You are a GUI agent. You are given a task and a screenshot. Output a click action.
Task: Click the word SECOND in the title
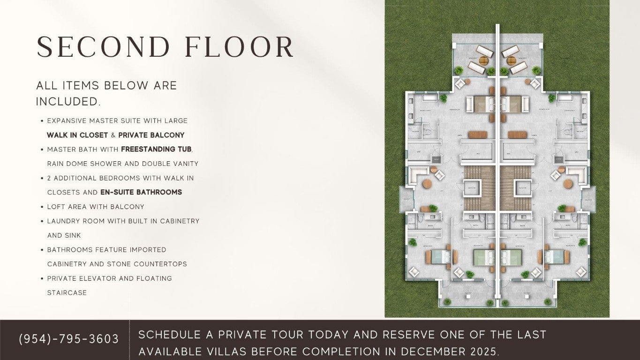coord(103,47)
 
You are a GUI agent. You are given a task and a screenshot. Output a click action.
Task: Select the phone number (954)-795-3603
coord(69,339)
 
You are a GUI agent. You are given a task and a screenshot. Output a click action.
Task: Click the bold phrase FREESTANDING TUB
coord(156,150)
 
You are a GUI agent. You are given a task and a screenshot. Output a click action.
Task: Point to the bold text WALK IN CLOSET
coord(77,135)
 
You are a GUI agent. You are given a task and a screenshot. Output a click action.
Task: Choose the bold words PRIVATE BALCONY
coord(151,135)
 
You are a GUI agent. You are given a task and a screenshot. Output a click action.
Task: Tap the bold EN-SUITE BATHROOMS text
coord(141,192)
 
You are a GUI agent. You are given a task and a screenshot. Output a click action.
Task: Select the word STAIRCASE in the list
coord(67,293)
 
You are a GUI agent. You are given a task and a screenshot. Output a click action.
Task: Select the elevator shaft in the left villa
coord(472,187)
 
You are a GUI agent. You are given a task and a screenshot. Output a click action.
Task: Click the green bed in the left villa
coord(483,257)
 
